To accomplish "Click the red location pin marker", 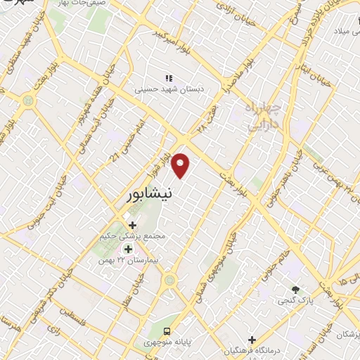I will [182, 165].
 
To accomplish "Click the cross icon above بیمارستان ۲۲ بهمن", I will [128, 249].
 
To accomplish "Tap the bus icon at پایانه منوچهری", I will [167, 331].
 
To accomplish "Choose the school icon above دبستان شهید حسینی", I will [168, 77].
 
